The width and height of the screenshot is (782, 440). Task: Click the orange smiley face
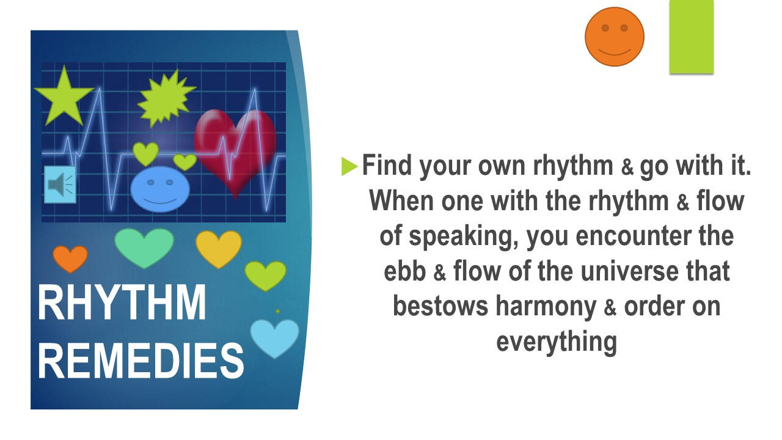point(615,37)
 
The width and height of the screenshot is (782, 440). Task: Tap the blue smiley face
point(160,189)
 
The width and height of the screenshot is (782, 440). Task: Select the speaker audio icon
point(60,185)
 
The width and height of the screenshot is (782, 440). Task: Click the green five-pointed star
point(64,96)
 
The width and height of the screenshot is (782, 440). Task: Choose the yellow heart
point(219,249)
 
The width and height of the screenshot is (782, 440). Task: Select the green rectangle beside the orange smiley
point(691,37)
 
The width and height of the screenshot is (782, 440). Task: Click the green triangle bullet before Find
point(349,166)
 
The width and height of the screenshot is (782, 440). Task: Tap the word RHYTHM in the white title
point(122,302)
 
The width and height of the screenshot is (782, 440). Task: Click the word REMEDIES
point(141,361)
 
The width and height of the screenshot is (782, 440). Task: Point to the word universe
point(629,271)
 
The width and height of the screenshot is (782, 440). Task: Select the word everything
point(557,342)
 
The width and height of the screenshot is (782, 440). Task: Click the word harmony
point(546,307)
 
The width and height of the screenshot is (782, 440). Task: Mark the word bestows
point(440,306)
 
